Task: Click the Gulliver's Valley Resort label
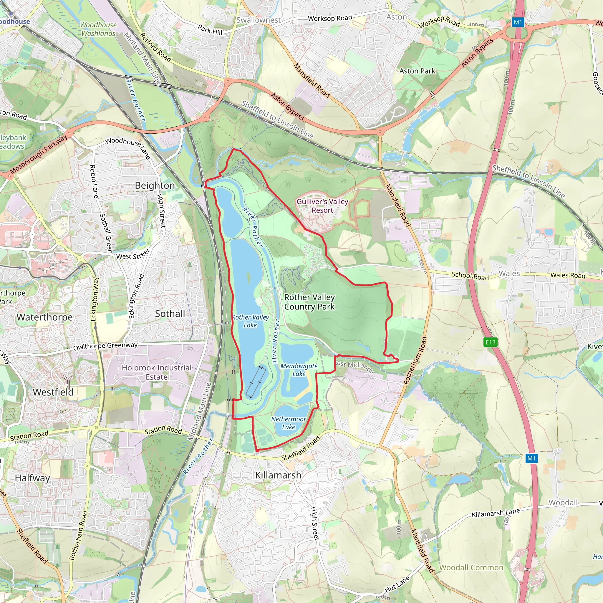322,206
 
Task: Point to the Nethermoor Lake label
288,423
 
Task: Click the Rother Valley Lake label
250,321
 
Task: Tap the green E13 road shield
490,342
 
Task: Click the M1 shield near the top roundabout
518,22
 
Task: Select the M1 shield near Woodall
531,458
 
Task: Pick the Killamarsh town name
278,475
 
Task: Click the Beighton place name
155,185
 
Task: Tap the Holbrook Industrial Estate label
156,372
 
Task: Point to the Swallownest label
259,20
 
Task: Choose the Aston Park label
417,71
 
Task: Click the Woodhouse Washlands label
98,29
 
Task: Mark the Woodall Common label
471,567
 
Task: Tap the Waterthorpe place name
44,317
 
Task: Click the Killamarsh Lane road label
496,513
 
